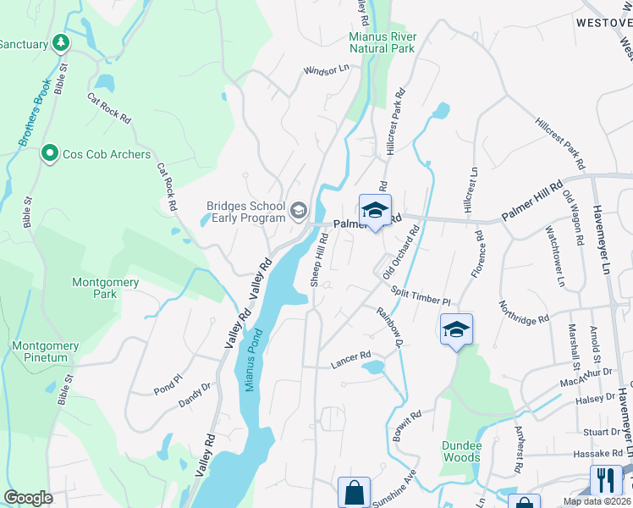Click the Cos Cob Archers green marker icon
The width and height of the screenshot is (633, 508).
pyautogui.click(x=50, y=154)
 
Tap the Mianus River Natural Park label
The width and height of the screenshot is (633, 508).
pyautogui.click(x=382, y=42)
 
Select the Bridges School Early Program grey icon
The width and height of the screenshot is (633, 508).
pyautogui.click(x=299, y=209)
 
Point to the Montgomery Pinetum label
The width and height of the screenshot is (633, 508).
pyautogui.click(x=46, y=351)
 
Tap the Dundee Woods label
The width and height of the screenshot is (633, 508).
pyautogui.click(x=461, y=451)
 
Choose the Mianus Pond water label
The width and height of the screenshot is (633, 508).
pyautogui.click(x=250, y=360)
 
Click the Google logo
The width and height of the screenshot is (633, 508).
pyautogui.click(x=29, y=498)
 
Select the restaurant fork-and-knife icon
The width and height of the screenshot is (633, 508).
pyautogui.click(x=606, y=480)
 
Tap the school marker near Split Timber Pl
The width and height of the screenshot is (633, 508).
pyautogui.click(x=456, y=329)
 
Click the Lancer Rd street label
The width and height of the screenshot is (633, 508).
pyautogui.click(x=354, y=356)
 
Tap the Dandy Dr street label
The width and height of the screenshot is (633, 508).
pyautogui.click(x=195, y=395)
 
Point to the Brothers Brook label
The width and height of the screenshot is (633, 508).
pyautogui.click(x=31, y=119)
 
